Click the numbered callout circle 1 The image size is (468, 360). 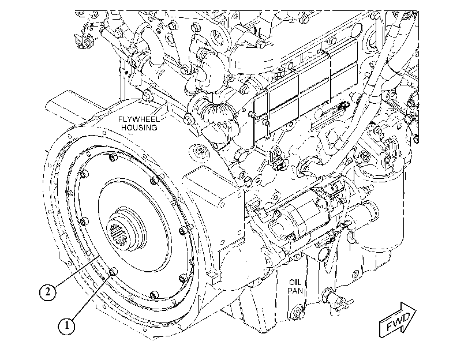pyautogui.click(x=66, y=325)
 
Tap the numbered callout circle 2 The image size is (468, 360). pyautogui.click(x=48, y=292)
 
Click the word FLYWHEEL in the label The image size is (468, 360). pyautogui.click(x=139, y=119)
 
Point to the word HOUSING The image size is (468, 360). pyautogui.click(x=139, y=127)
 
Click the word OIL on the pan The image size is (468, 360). pyautogui.click(x=295, y=282)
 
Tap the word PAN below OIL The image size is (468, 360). pyautogui.click(x=295, y=290)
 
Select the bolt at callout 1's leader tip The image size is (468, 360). pyautogui.click(x=113, y=272)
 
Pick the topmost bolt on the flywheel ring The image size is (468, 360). pyautogui.click(x=112, y=158)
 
